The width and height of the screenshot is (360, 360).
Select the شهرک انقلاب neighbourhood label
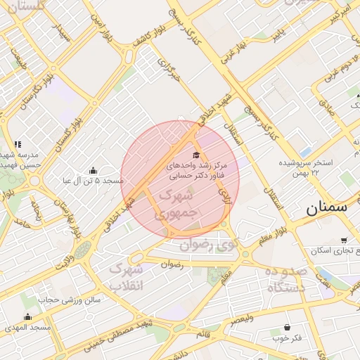click(x=127, y=278)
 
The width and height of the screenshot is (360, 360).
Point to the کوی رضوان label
click(x=209, y=245)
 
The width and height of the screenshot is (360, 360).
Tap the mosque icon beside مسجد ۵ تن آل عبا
click(x=93, y=170)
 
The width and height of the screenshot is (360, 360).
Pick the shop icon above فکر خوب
click(x=287, y=327)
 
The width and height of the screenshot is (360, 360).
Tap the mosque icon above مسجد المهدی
click(x=27, y=317)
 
